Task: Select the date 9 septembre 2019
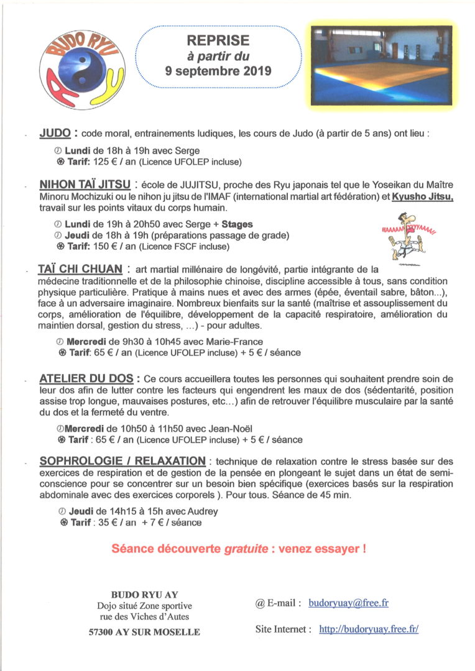[x=218, y=71]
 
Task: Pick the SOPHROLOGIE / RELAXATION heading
[x=122, y=461]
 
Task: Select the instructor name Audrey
[x=203, y=511]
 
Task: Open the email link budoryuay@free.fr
[x=348, y=603]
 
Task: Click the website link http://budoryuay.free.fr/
[x=368, y=629]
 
